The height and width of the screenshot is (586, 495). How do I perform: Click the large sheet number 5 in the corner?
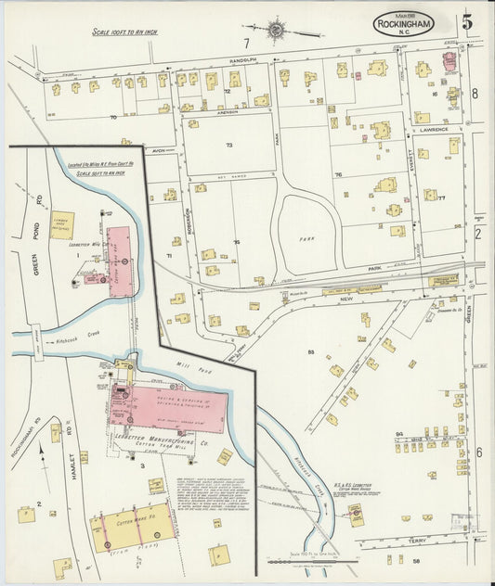[x=467, y=20]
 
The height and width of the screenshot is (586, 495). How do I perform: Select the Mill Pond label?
[x=189, y=367]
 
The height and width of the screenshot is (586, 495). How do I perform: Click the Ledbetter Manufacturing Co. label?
[x=172, y=445]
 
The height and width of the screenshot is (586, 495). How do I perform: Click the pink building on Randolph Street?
[x=450, y=62]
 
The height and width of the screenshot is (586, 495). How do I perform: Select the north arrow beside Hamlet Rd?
[x=41, y=455]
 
